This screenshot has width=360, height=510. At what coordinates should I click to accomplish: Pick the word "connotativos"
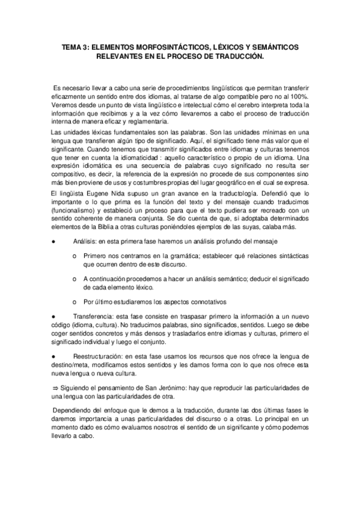point(203,302)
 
